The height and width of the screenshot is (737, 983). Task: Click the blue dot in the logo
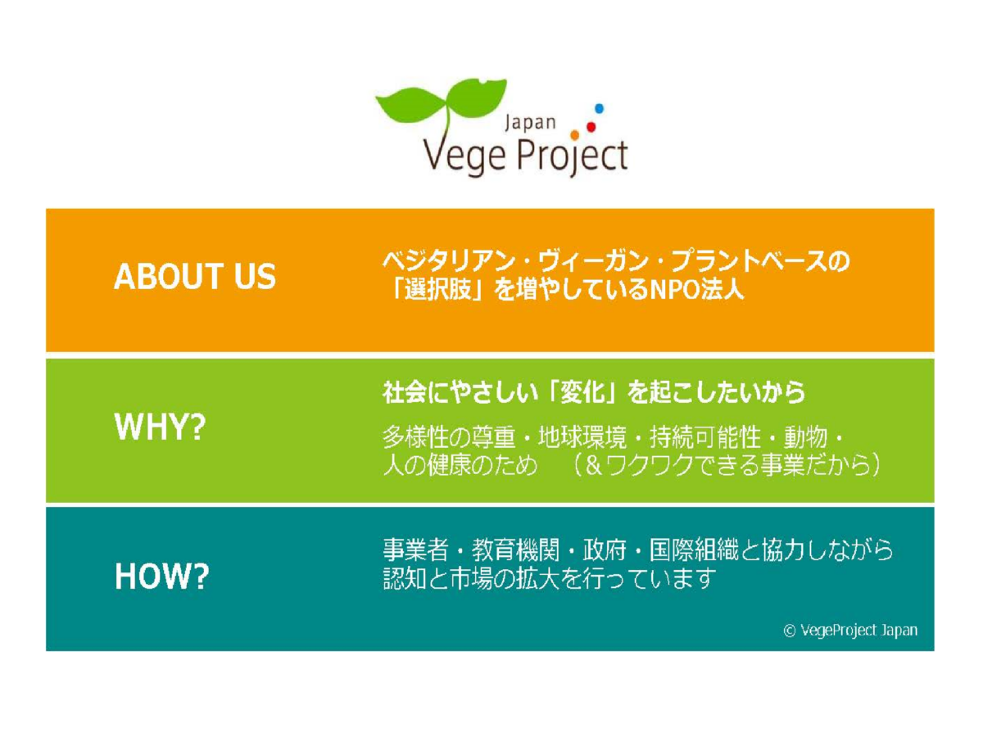599,108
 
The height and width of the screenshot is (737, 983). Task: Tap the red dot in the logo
591,127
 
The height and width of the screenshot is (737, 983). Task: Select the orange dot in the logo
574,135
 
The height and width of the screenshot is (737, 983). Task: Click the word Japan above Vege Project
530,123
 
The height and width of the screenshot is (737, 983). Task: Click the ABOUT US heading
195,276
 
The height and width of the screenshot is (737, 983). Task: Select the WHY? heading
160,427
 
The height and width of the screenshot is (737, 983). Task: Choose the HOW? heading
161,576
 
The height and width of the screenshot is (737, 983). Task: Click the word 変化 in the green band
582,392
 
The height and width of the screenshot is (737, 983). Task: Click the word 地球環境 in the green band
582,436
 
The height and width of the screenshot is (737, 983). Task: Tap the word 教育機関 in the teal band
516,549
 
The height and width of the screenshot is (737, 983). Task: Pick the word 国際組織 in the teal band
694,549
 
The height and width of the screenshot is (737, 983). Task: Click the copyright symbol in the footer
789,631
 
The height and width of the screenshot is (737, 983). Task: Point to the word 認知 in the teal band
405,578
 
